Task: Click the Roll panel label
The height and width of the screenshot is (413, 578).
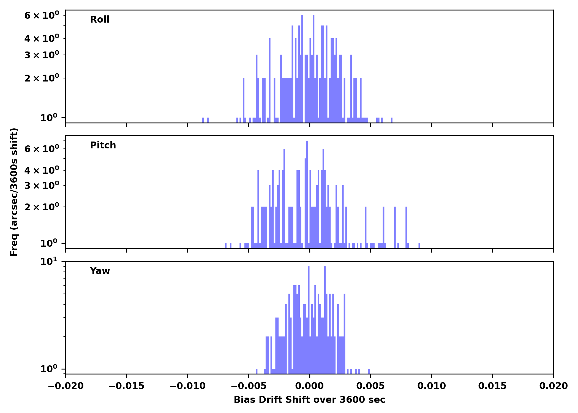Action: pos(100,20)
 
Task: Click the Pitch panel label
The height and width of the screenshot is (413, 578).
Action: pos(103,145)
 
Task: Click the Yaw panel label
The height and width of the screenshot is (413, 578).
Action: pos(100,271)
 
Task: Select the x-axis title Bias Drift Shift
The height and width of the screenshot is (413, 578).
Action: pos(309,400)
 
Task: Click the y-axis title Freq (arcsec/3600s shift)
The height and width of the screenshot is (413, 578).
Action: pos(14,192)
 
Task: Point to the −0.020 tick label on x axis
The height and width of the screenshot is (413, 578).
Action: pos(66,386)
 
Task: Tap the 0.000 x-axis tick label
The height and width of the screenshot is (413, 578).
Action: pos(309,386)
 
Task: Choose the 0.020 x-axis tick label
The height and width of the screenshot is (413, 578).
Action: pos(553,386)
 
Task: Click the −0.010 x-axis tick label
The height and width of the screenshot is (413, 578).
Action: pos(187,386)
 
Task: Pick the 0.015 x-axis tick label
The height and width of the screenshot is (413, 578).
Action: pos(492,386)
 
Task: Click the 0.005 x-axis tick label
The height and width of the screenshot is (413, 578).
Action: pos(370,386)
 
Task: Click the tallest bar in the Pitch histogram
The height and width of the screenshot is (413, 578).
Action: pos(307,193)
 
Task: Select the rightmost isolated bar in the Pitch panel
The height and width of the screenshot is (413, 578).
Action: pos(419,245)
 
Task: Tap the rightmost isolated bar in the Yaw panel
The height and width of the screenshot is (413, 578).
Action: pos(369,371)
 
